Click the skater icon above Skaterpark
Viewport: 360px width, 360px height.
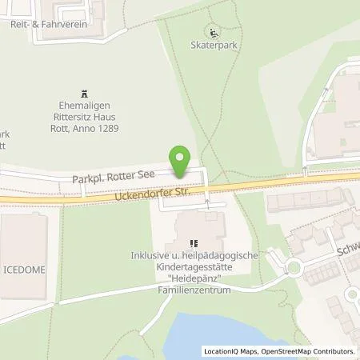click(x=213, y=33)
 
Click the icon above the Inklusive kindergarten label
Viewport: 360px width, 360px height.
click(x=192, y=243)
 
